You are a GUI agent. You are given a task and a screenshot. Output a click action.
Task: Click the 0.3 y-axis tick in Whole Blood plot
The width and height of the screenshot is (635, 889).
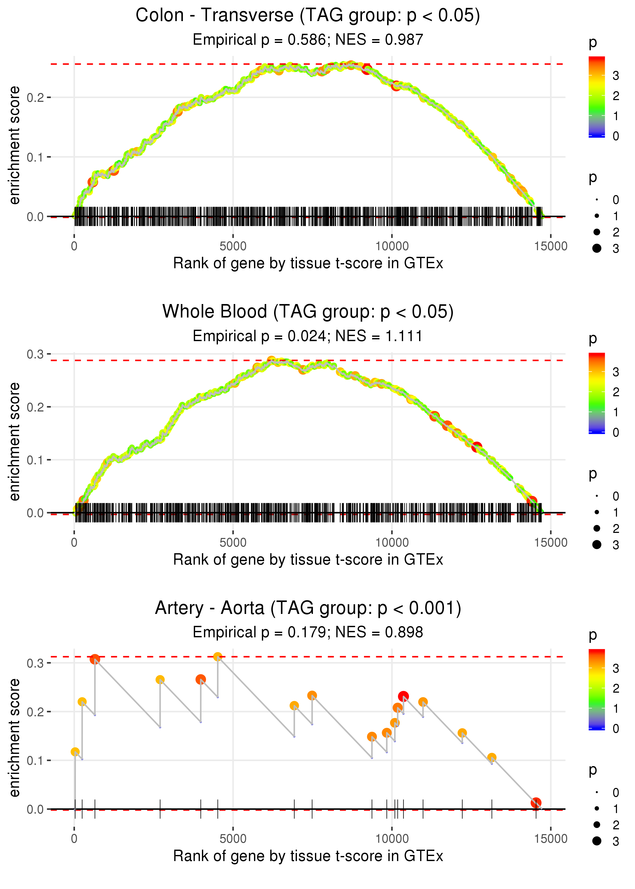[35, 354]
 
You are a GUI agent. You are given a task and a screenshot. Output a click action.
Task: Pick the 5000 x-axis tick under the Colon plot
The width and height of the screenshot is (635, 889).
[233, 246]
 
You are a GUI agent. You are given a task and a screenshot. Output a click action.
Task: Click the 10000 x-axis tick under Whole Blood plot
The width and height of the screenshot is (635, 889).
[392, 543]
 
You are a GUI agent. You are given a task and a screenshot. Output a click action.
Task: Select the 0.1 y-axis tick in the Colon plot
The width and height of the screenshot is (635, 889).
[35, 157]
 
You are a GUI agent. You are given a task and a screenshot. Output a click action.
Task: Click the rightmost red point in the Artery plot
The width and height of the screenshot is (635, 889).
[536, 803]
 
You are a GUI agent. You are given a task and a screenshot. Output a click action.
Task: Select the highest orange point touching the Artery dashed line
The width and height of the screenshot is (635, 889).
[218, 657]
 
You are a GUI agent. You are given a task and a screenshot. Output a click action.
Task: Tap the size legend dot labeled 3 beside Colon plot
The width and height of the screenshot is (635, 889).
[597, 248]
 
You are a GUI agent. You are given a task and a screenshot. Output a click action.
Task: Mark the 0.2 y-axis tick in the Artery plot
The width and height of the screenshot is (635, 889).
[35, 711]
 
